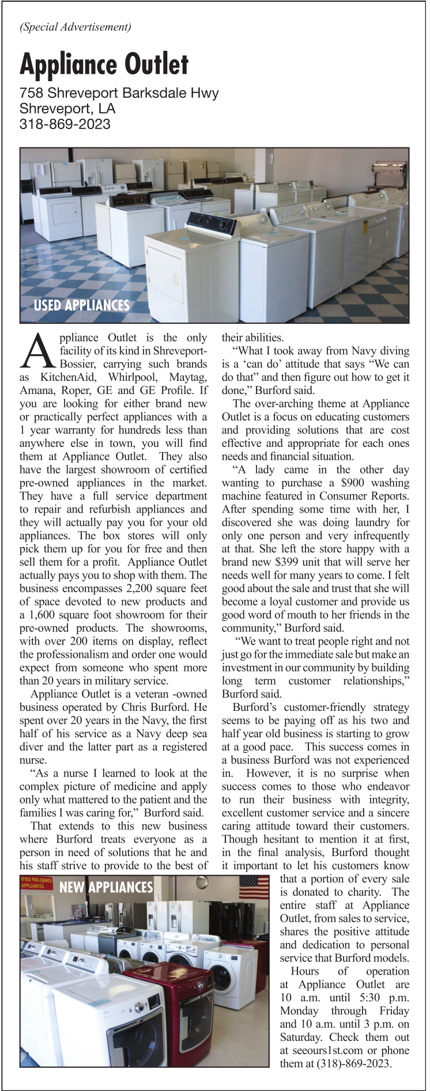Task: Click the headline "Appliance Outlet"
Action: tap(104, 64)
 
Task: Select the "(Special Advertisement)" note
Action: tap(76, 26)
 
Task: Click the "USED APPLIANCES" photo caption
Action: tap(81, 305)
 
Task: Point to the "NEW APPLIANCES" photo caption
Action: tap(106, 887)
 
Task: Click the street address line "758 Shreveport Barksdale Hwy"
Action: tap(119, 93)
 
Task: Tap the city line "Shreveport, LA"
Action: tap(67, 108)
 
